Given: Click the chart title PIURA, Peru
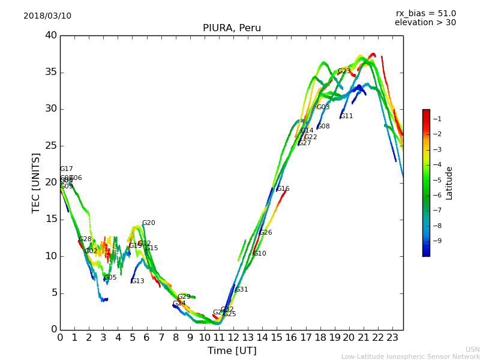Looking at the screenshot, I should coord(232,28).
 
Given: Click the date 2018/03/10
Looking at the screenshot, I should coord(47,16).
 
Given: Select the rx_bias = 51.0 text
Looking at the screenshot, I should coord(425,13).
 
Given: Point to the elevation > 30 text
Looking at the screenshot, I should coord(425,23).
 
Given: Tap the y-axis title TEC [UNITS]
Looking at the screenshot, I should coord(36,182).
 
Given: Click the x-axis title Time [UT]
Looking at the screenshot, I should coord(232,351).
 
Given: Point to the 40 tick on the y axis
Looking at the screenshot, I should coord(50,35).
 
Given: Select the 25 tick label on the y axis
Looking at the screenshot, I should coord(50,146).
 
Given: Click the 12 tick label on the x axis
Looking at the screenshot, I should coord(233,337).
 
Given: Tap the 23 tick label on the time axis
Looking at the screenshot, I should coord(392,337).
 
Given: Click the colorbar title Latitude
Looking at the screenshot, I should coord(449,183).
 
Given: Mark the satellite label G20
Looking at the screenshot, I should coord(148,223).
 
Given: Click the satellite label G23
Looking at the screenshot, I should coord(344,71).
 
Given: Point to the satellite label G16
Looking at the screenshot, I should coord(283,189).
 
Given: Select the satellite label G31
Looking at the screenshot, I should coord(241,290).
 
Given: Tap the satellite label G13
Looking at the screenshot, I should coord(138,281).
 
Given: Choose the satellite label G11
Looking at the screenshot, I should coord(347,116).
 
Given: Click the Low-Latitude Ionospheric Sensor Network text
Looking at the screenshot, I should coord(410,356).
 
